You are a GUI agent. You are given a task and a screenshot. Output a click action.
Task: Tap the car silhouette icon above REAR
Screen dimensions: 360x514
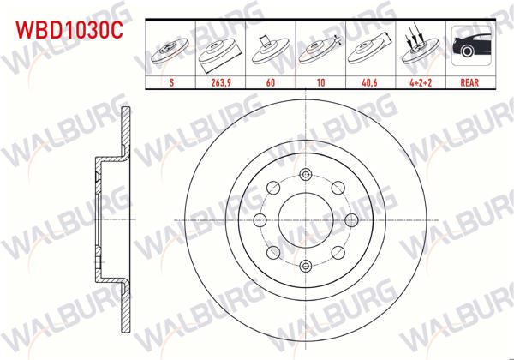click(469, 47)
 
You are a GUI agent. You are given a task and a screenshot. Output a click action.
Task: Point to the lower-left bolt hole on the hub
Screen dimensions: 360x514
click(272, 250)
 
